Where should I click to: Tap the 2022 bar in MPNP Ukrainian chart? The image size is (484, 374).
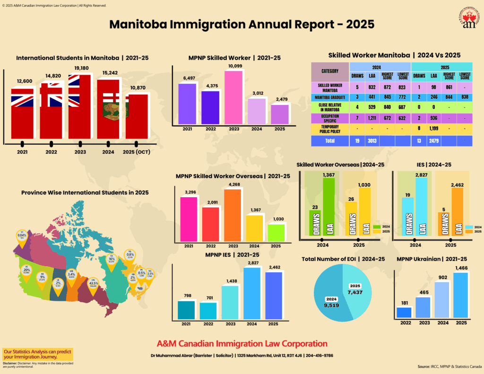(x=404, y=312)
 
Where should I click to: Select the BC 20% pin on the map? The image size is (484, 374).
(x=26, y=270)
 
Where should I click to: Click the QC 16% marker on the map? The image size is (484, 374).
(x=112, y=260)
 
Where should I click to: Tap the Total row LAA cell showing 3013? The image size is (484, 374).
(x=372, y=140)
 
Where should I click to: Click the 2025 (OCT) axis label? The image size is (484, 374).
(x=137, y=152)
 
